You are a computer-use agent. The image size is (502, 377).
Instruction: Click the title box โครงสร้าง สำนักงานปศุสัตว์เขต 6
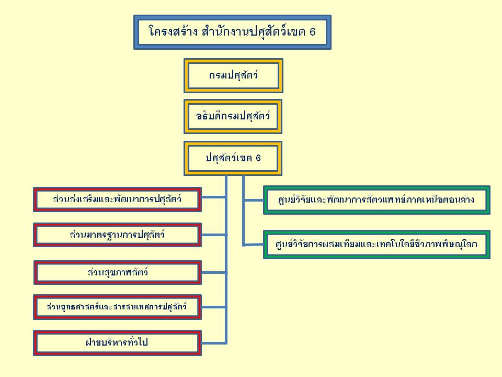232,32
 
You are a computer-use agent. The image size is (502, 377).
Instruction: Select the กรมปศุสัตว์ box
233,75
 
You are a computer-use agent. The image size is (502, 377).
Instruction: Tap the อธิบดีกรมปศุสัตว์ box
233,116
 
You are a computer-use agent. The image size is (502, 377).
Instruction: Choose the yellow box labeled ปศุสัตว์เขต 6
233,158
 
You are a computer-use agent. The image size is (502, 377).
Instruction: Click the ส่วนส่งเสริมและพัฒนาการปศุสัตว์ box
117,199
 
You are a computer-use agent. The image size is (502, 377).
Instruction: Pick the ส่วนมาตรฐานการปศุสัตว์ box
117,235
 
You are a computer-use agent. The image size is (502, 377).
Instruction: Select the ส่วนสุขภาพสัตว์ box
117,272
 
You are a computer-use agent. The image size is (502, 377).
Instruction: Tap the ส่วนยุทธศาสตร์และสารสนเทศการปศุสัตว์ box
117,306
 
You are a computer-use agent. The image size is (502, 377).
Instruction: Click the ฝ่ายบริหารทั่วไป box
117,343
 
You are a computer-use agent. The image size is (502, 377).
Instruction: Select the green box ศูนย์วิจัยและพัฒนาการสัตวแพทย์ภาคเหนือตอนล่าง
376,199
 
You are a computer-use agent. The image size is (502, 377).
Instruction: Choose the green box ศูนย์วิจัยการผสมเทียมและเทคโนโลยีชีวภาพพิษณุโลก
376,244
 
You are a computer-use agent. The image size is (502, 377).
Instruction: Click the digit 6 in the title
312,32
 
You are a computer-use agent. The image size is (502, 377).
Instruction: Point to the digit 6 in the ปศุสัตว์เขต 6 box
258,158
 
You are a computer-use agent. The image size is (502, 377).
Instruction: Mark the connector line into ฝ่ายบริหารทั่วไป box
213,343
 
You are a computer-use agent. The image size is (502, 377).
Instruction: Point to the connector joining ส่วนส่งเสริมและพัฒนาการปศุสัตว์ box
213,197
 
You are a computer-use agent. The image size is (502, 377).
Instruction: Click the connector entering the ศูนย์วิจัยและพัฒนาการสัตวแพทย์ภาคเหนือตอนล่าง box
253,199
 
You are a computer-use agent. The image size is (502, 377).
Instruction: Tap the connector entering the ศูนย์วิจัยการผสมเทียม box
253,245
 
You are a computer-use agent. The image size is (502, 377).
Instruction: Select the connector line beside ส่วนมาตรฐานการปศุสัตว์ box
213,234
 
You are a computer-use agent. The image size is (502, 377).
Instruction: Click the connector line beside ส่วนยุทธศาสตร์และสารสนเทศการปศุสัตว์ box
213,306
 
